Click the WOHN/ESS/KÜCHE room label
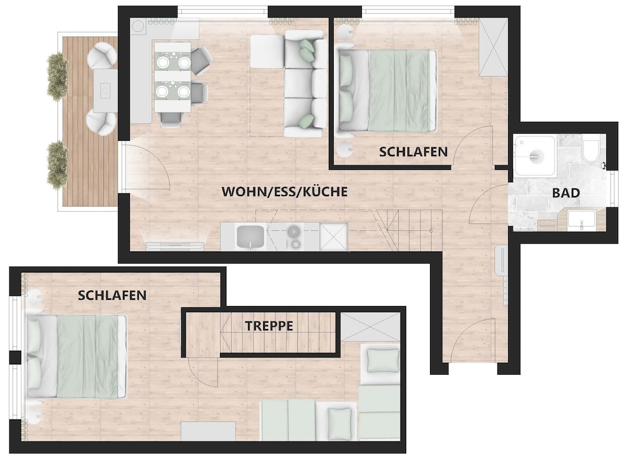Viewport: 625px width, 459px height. [284, 192]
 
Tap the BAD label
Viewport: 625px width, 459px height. [566, 193]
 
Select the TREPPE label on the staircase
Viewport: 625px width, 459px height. [269, 326]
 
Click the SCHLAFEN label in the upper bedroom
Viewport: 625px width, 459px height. [413, 152]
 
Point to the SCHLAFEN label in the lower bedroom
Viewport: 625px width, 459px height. [112, 295]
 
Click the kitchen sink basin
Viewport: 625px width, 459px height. [251, 237]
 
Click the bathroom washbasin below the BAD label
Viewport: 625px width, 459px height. [581, 220]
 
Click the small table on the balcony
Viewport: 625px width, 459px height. [105, 90]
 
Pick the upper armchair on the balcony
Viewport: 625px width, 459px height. [102, 54]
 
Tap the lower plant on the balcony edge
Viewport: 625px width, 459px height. [57, 165]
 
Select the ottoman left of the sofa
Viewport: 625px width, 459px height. [267, 51]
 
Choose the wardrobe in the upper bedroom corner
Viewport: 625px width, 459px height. [493, 47]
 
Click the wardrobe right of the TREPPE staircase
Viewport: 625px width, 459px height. [370, 327]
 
